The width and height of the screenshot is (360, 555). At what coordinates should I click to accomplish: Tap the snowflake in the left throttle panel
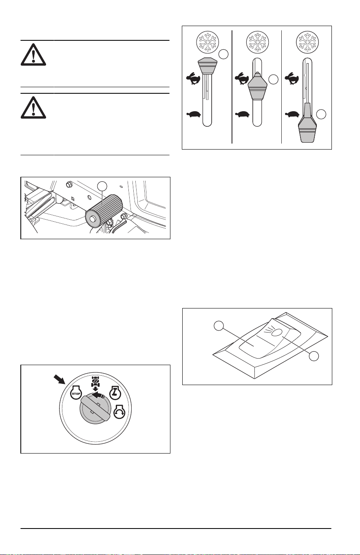[208, 42]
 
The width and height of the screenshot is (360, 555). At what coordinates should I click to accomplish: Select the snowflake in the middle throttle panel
[258, 42]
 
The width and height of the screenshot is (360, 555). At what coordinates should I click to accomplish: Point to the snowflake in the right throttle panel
[308, 42]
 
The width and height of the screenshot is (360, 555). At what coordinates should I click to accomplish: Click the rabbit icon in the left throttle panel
[193, 79]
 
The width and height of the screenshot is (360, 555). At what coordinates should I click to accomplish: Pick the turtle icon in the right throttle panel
[292, 115]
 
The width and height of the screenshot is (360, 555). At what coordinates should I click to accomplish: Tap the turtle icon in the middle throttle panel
[243, 115]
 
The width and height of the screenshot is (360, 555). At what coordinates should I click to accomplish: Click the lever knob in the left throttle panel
[207, 66]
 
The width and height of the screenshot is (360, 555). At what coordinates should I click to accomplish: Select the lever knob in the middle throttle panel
[257, 86]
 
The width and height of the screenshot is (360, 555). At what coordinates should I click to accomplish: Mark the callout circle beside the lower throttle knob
[321, 114]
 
